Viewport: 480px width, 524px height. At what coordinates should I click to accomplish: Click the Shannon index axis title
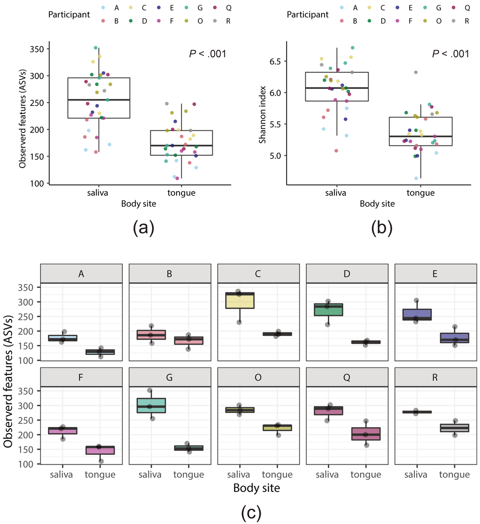coord(263,112)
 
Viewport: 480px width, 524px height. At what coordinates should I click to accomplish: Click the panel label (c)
coord(251,512)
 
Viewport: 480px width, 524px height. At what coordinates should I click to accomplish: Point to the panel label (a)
coord(143,228)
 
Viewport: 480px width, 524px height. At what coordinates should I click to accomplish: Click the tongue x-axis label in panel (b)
coord(420,193)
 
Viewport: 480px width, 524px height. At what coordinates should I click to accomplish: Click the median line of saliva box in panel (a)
coord(99,100)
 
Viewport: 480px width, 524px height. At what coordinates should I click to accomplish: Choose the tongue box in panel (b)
coord(420,131)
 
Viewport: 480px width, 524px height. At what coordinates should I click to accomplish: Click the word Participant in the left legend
coord(69,14)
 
